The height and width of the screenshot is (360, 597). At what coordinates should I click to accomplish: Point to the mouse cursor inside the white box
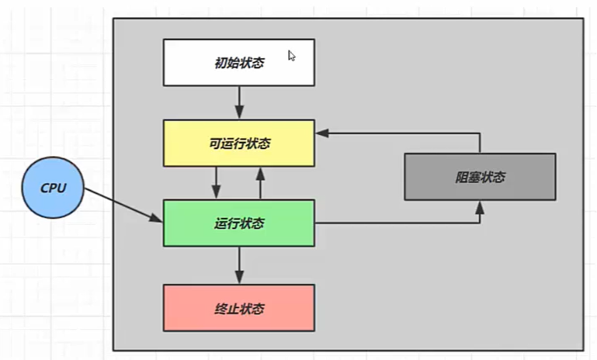pos(292,56)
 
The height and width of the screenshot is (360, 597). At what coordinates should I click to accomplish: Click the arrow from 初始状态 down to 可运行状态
pos(239,102)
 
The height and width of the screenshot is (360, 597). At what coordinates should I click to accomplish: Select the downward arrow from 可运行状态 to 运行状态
pos(217,182)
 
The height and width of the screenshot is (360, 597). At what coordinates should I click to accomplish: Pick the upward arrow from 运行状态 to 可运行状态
pos(261,182)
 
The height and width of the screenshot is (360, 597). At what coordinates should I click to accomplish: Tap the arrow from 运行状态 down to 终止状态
pos(239,265)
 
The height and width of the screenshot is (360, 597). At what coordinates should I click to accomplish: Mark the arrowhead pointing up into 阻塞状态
pos(480,206)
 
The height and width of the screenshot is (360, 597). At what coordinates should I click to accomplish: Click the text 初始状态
pos(238,63)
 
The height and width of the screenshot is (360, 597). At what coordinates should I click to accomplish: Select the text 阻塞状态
pos(480,177)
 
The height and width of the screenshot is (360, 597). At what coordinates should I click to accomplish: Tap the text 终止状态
pos(238,309)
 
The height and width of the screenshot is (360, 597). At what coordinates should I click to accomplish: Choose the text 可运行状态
pos(238,144)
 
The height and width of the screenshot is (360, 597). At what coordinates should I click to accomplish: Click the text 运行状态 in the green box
pos(238,223)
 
